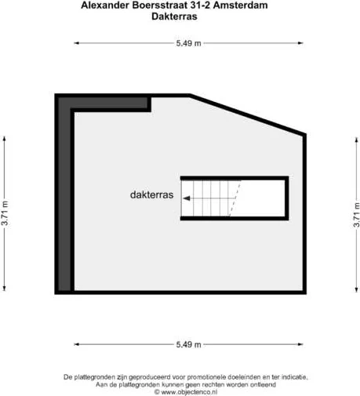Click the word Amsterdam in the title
pyautogui.click(x=241, y=5)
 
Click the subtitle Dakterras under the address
pyautogui.click(x=174, y=16)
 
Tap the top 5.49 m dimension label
pyautogui.click(x=188, y=43)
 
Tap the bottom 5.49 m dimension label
pyautogui.click(x=188, y=344)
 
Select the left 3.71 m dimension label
pyautogui.click(x=5, y=213)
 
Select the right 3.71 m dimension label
pyautogui.click(x=357, y=215)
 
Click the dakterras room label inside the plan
pyautogui.click(x=152, y=194)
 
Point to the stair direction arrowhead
pyautogui.click(x=187, y=198)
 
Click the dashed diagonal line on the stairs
pyautogui.click(x=235, y=198)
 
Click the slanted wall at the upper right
pyautogui.click(x=248, y=115)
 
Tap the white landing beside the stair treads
pyautogui.click(x=260, y=198)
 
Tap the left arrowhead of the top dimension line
pyautogui.click(x=76, y=43)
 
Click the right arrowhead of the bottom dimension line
pyautogui.click(x=300, y=344)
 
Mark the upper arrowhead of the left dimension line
pyautogui.click(x=4, y=139)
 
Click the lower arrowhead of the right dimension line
pyautogui.click(x=357, y=289)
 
